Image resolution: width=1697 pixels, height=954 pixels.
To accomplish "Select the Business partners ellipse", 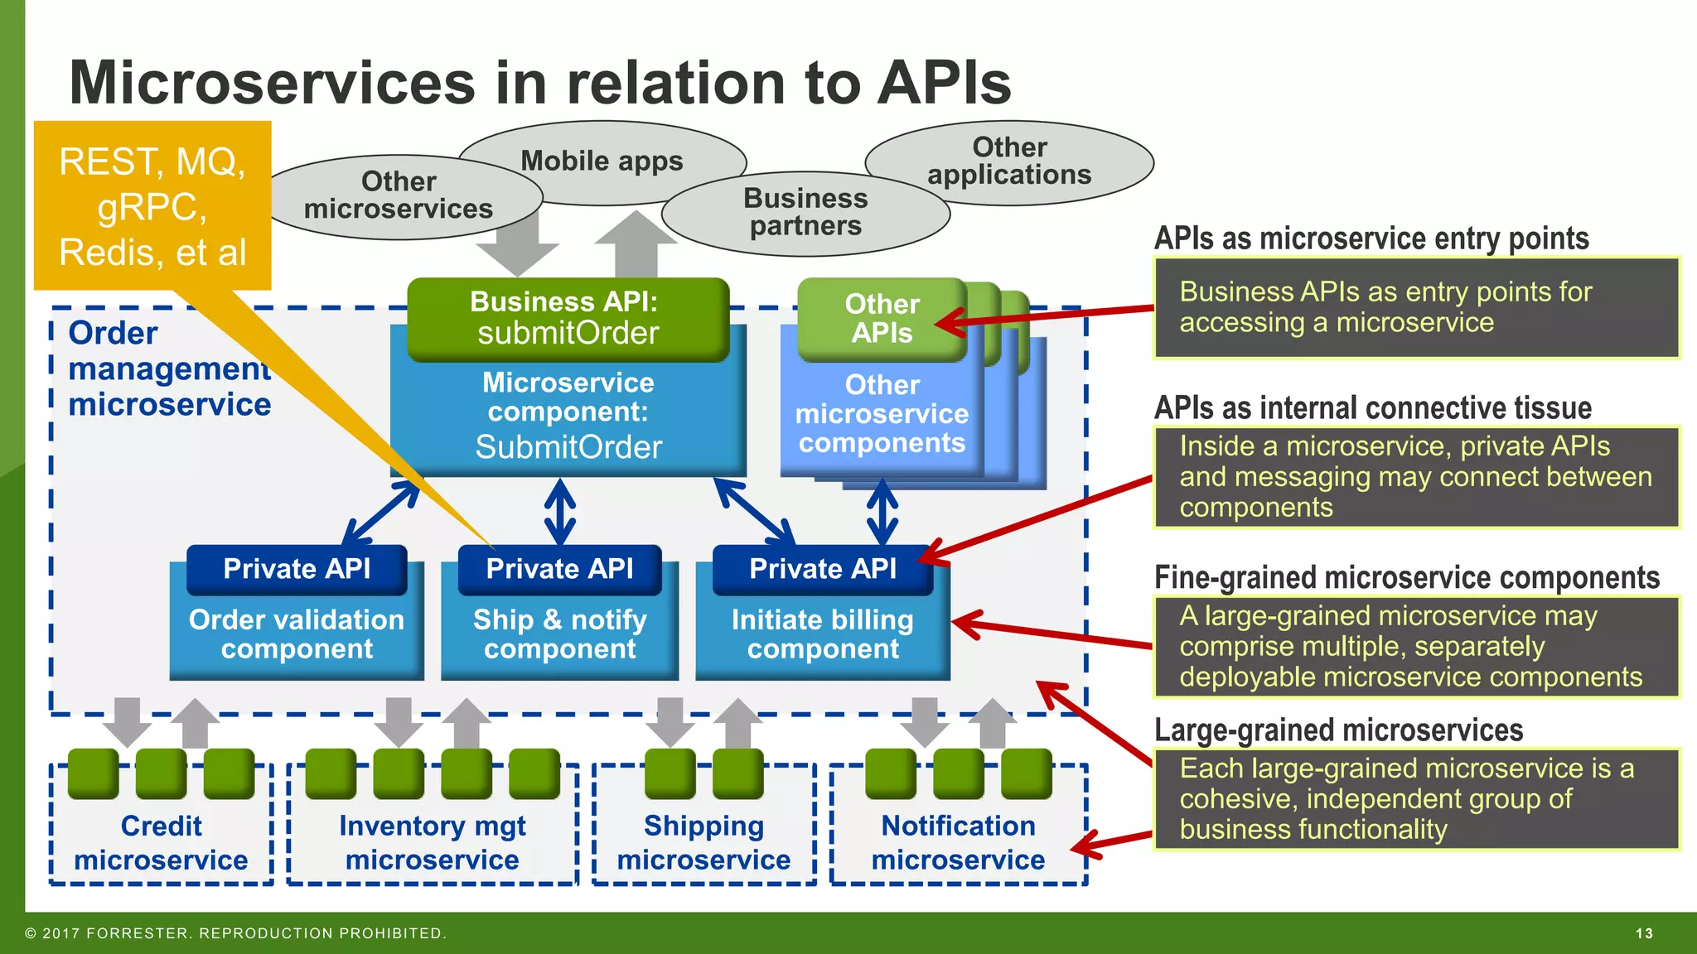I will click(805, 212).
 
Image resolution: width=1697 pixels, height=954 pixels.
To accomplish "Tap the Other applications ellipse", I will click(1009, 161).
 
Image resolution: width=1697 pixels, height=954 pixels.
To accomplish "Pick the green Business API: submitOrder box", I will click(568, 318).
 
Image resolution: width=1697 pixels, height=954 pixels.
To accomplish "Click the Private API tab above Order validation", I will click(297, 569).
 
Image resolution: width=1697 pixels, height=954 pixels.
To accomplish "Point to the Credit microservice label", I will click(161, 842).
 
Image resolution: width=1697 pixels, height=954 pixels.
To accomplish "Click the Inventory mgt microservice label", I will click(432, 842).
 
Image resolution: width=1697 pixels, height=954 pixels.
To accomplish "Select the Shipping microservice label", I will click(703, 842).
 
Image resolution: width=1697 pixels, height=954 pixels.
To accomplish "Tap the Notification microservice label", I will click(958, 842).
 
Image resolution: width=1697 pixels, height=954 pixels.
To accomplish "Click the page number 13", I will click(1644, 933).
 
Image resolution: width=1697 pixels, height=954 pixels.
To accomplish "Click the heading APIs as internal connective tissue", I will click(1373, 408).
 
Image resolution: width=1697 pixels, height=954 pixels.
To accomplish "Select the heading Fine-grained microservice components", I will click(1406, 577).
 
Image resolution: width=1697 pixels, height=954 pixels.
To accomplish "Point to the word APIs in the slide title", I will click(944, 83).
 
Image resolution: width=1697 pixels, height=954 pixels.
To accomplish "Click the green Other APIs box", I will click(882, 319).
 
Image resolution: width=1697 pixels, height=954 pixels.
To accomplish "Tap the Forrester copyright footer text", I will click(236, 933).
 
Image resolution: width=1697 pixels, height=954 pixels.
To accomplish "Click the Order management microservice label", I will click(169, 369).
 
